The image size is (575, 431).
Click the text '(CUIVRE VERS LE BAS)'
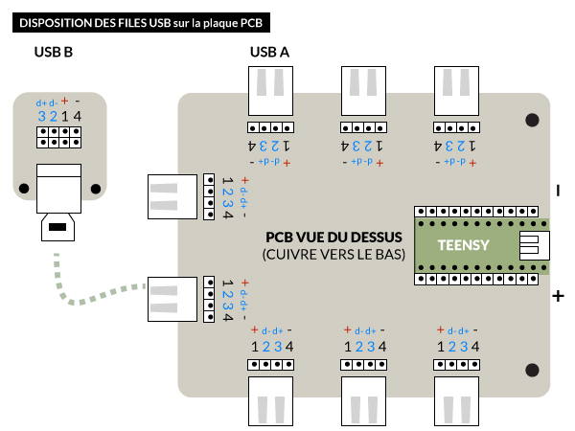point(333,255)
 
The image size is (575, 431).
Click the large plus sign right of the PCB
point(558,297)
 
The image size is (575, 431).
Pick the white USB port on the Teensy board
point(532,245)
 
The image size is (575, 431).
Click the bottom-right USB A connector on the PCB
point(456,399)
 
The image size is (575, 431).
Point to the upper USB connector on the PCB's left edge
point(172,197)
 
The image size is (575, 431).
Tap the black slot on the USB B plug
point(57,228)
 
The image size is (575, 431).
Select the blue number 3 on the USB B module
point(42,116)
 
